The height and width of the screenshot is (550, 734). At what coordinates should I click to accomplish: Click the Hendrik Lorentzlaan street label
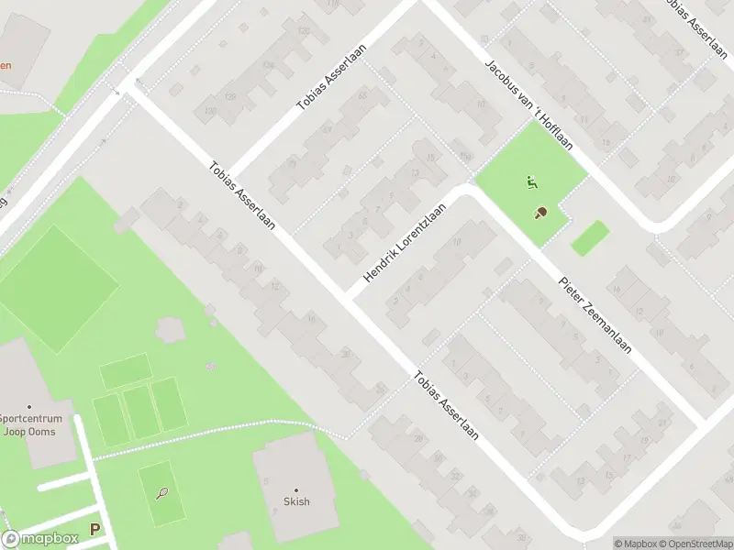(x=405, y=243)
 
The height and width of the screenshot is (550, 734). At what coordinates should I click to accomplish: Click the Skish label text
(x=296, y=501)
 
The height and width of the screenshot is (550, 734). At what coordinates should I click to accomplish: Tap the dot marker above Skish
(x=296, y=489)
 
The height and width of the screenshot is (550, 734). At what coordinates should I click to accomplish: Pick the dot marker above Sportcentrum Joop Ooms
(x=29, y=407)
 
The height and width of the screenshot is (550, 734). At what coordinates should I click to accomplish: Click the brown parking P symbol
(x=95, y=529)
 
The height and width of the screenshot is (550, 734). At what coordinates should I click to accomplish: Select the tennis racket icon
(x=162, y=493)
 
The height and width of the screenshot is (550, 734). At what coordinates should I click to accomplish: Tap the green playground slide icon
(x=530, y=181)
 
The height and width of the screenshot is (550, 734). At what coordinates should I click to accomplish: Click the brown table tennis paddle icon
(x=541, y=213)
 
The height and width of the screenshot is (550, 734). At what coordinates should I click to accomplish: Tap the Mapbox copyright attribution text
(x=633, y=544)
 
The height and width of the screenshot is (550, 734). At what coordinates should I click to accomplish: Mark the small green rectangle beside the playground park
(x=589, y=237)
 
